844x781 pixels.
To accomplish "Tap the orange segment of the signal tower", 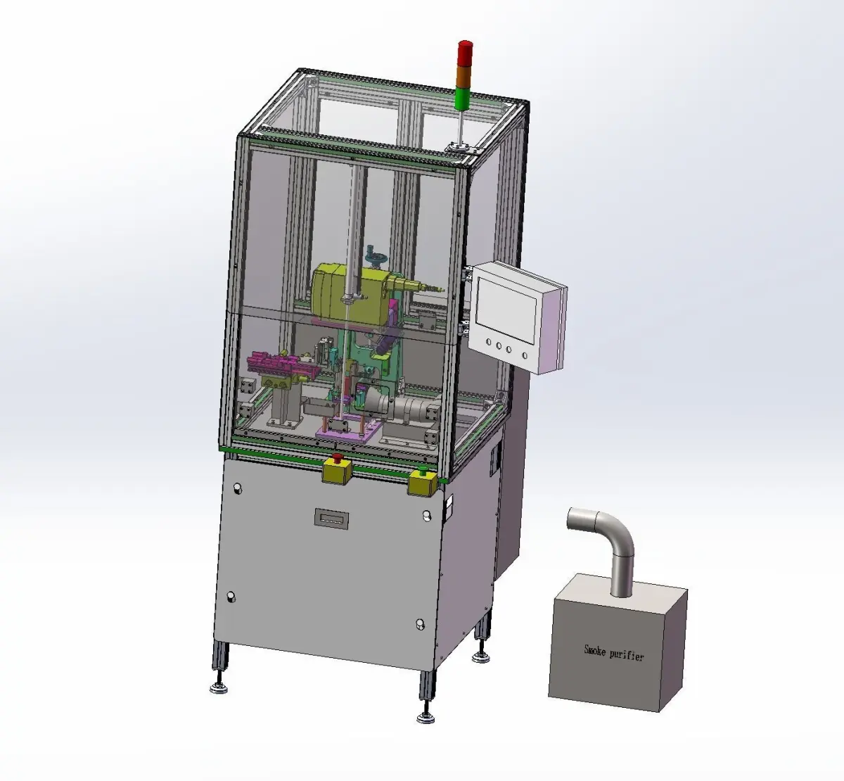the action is (x=464, y=75).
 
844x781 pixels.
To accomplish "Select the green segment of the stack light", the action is (x=464, y=97).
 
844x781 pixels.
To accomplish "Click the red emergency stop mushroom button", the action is (x=338, y=458).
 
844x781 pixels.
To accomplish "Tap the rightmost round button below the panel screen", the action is (x=525, y=355).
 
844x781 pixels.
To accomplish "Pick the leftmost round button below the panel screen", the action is (x=489, y=342).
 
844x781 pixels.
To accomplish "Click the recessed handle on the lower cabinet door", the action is (x=331, y=519).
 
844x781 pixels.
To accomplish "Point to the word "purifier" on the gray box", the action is (x=627, y=655).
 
